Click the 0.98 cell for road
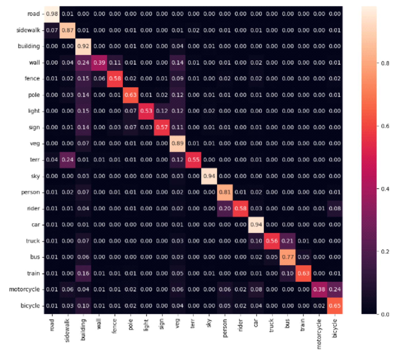click(x=52, y=14)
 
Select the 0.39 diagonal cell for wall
click(x=99, y=63)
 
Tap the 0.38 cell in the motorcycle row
click(x=319, y=290)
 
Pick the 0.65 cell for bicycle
click(x=335, y=306)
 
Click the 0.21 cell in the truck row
click(x=287, y=241)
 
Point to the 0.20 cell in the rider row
click(x=225, y=209)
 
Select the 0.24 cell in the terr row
click(x=68, y=160)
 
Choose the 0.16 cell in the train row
click(x=83, y=273)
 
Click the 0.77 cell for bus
click(x=287, y=257)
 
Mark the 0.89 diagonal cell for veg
click(x=177, y=143)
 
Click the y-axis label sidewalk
click(x=28, y=30)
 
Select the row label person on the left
click(x=30, y=192)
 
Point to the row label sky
click(x=35, y=176)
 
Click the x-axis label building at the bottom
click(x=83, y=329)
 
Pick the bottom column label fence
click(x=114, y=326)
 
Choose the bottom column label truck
click(x=271, y=325)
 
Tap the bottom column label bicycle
click(x=335, y=328)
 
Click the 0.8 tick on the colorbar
click(x=385, y=63)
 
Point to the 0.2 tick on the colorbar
click(x=385, y=252)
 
